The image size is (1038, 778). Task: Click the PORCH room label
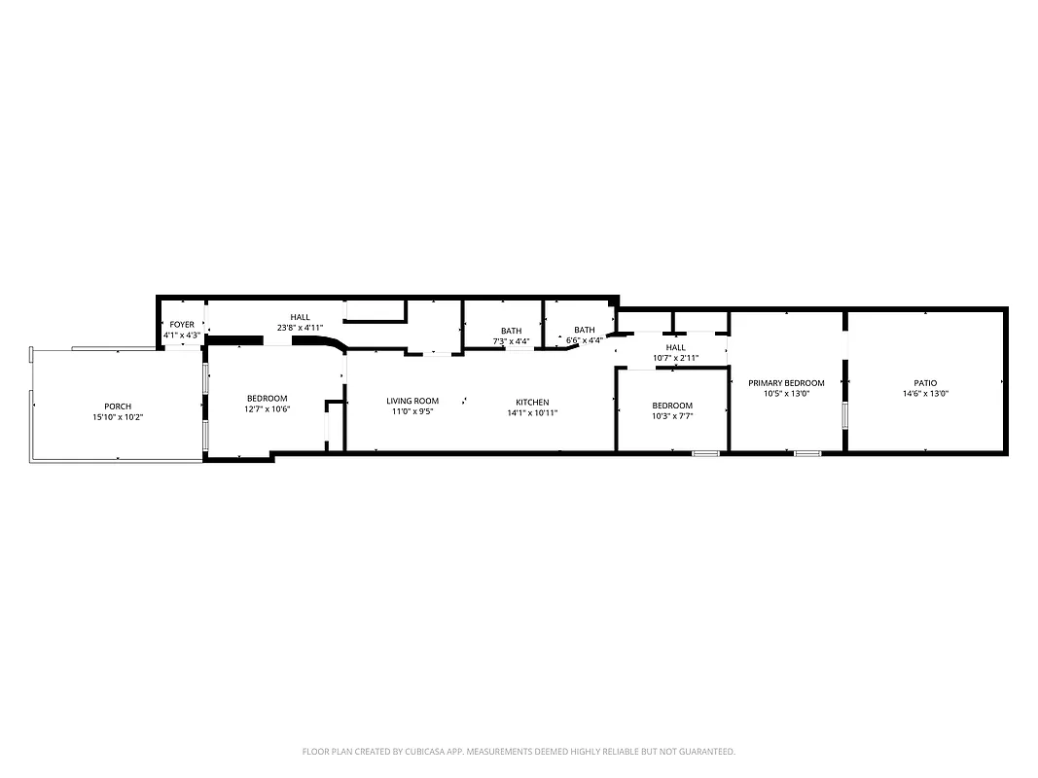118,407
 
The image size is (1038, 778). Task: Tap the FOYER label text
182,324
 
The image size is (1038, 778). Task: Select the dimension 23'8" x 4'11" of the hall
300,328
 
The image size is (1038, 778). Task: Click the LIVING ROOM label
412,401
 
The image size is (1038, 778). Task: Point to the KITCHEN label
532,402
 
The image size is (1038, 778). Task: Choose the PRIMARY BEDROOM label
786,383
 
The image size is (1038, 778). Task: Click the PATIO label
924,383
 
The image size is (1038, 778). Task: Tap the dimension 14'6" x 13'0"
924,394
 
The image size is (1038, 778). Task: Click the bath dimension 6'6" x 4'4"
584,340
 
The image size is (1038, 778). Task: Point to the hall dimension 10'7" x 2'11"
675,359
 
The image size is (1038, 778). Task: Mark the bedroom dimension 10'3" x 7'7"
672,416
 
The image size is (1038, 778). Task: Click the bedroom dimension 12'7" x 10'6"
267,409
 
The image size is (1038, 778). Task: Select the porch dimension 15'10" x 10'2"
118,417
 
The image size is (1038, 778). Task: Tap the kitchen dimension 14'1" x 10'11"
532,412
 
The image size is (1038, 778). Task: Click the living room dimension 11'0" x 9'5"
412,411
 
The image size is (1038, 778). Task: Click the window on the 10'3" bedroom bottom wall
705,453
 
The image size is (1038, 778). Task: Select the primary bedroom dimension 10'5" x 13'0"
786,394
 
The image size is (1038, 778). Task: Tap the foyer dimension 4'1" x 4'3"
182,336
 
